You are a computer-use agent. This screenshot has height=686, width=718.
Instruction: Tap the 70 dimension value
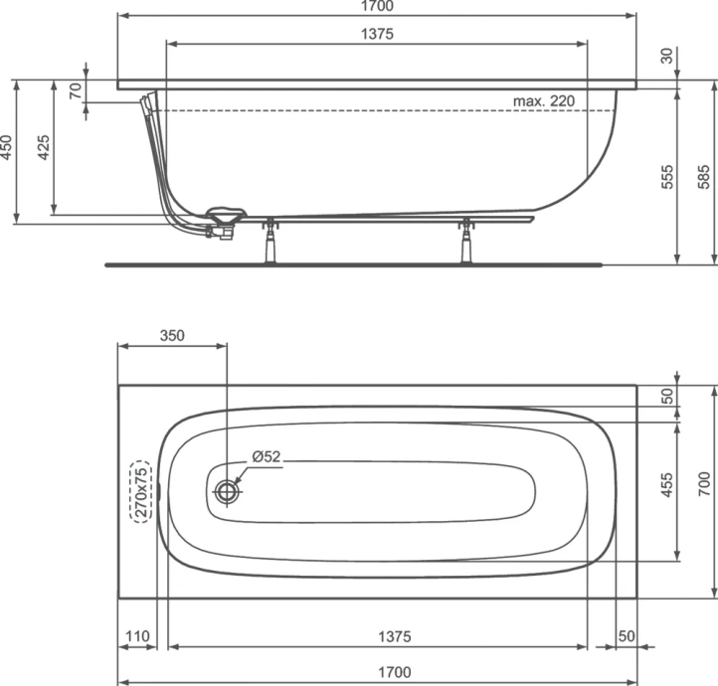[x=75, y=90]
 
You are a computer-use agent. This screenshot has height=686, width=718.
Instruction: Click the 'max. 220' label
[x=545, y=100]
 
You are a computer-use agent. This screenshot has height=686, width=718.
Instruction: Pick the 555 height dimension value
[x=668, y=177]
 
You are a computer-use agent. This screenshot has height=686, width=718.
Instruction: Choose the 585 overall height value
[x=704, y=177]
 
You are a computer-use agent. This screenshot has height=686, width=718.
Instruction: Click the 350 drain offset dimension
[x=172, y=336]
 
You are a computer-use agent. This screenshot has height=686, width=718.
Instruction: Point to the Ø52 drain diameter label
[x=267, y=456]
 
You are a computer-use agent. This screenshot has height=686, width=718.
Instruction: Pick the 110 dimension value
[x=136, y=636]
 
